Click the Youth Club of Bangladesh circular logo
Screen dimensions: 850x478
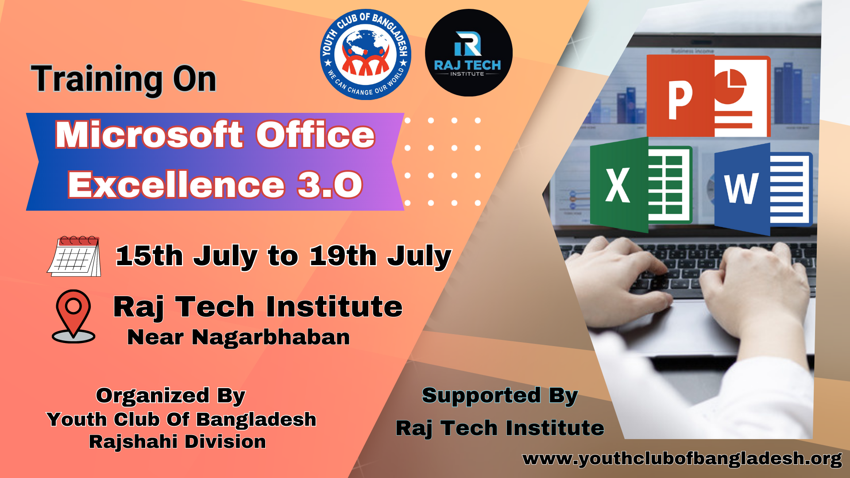(x=366, y=54)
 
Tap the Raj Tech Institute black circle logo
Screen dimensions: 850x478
(x=469, y=53)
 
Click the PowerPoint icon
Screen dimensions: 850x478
(x=708, y=96)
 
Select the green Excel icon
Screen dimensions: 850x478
(x=641, y=185)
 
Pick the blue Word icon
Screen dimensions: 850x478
(x=763, y=189)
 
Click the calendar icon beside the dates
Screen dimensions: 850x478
(x=74, y=256)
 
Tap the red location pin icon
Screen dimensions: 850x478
(x=73, y=316)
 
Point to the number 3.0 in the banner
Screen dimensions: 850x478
(x=330, y=185)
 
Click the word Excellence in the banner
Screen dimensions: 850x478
(x=176, y=185)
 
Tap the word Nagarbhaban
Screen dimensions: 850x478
(x=270, y=337)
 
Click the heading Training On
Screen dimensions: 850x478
(x=124, y=79)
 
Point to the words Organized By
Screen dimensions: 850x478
(x=170, y=396)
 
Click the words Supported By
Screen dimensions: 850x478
(x=500, y=396)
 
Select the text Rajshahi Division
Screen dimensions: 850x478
(x=178, y=442)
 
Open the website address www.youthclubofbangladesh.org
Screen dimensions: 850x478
(x=682, y=459)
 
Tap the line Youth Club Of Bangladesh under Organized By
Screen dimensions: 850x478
(x=182, y=419)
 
